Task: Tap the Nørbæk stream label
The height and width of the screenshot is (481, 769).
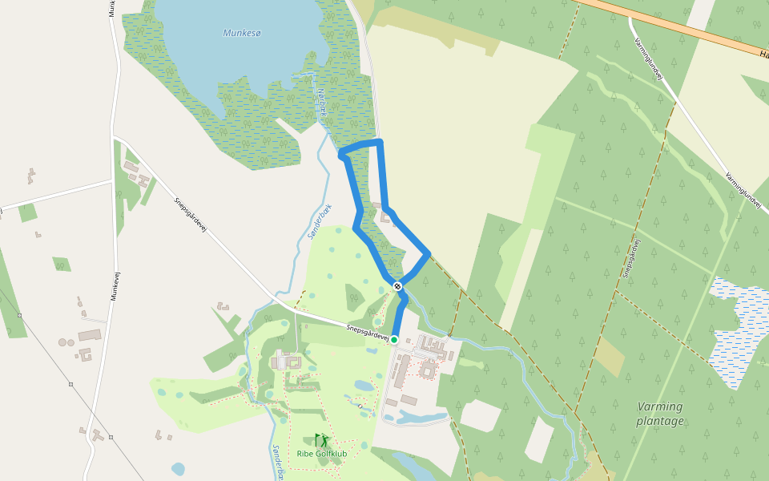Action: pyautogui.click(x=322, y=104)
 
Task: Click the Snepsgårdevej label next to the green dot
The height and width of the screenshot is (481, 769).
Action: pyautogui.click(x=368, y=332)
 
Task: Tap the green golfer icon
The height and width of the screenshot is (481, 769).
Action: pyautogui.click(x=322, y=440)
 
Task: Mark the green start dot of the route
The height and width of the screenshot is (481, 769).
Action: pyautogui.click(x=394, y=339)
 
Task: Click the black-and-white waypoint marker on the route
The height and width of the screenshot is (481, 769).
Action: pyautogui.click(x=397, y=285)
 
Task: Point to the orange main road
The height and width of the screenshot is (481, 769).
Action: pyautogui.click(x=673, y=26)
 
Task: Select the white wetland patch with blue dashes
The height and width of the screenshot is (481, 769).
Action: pyautogui.click(x=737, y=329)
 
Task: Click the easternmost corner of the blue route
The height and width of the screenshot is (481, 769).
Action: pyautogui.click(x=429, y=254)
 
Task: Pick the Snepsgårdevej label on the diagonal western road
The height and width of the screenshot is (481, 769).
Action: pyautogui.click(x=191, y=215)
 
